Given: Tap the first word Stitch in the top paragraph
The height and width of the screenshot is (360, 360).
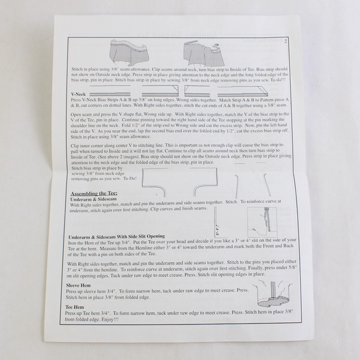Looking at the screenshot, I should tap(77, 70).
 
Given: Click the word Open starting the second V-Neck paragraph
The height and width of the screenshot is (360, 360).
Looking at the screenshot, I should tap(76, 113).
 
